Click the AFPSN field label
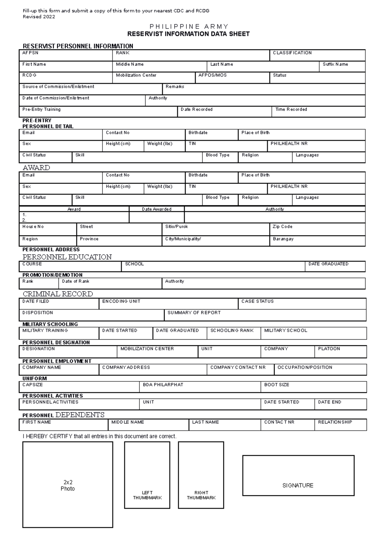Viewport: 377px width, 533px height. [x=30, y=53]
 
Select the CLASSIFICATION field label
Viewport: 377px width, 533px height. [x=292, y=53]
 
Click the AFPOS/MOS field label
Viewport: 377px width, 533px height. [x=212, y=75]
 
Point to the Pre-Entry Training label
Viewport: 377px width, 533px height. [x=41, y=110]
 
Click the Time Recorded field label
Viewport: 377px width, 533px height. [x=291, y=110]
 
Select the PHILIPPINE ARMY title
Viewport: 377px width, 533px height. [x=188, y=26]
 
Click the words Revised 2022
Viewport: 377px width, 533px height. [x=39, y=17]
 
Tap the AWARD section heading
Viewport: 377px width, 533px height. [x=36, y=168]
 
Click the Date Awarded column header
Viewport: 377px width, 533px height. [x=156, y=209]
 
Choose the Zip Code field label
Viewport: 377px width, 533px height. [x=282, y=227]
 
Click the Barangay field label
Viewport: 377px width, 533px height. [x=283, y=239]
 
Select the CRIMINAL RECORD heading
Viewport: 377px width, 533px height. [x=58, y=294]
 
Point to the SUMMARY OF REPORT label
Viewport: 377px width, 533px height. [x=194, y=313]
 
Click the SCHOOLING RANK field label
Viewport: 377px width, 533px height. [x=232, y=331]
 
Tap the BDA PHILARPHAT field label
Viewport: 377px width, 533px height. [x=163, y=385]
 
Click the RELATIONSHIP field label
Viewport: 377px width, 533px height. [x=335, y=422]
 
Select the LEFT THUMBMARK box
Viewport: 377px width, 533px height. [x=147, y=475]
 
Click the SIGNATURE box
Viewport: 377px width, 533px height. [x=298, y=475]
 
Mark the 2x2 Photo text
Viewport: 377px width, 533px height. [x=68, y=485]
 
